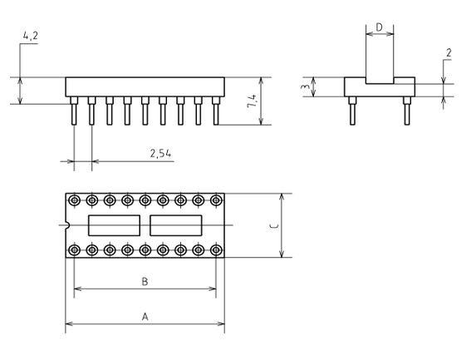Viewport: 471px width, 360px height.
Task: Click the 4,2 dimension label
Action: point(31,36)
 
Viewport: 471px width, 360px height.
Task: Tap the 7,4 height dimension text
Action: point(252,101)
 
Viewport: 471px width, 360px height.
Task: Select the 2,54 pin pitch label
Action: point(160,153)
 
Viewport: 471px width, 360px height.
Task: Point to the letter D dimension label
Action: point(380,27)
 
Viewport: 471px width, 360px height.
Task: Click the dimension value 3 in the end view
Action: point(306,86)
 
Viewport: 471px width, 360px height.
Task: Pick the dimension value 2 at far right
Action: point(449,53)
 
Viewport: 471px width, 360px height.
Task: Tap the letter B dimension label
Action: point(145,282)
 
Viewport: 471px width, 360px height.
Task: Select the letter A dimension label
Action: point(145,317)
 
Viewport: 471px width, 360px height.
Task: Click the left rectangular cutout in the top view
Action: point(114,225)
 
